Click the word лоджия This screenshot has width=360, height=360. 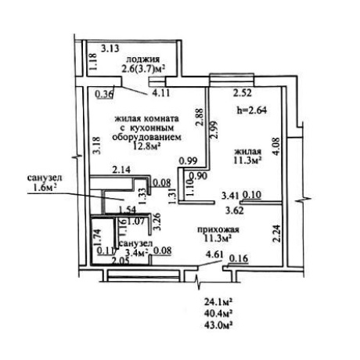[x=142, y=59]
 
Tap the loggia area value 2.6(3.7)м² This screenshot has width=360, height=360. [x=143, y=68]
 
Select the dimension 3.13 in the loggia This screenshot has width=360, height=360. [x=110, y=49]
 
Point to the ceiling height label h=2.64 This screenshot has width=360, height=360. [x=251, y=110]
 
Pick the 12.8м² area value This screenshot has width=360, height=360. [x=146, y=146]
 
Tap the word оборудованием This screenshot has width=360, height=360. [x=146, y=137]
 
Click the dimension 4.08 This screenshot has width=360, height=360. [x=276, y=146]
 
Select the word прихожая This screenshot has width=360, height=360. [x=218, y=229]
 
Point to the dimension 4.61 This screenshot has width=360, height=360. [x=214, y=254]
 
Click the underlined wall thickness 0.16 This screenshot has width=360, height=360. [x=239, y=258]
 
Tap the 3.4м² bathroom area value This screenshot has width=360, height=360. [x=136, y=252]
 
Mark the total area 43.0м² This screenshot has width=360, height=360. [x=218, y=326]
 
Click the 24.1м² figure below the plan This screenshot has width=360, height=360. [x=218, y=303]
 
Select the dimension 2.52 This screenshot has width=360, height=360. [x=243, y=93]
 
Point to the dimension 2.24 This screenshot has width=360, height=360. [x=276, y=234]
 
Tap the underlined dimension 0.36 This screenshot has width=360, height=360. [x=105, y=94]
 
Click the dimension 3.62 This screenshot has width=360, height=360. [x=235, y=211]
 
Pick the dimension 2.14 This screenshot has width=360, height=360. [x=121, y=170]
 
